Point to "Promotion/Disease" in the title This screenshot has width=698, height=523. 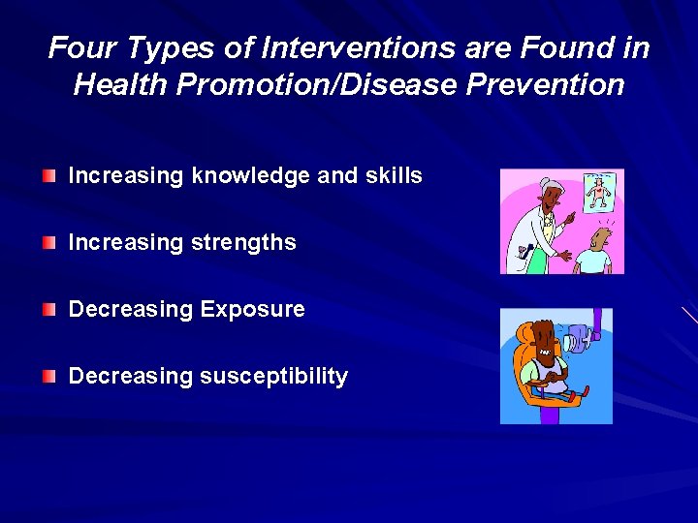[x=306, y=85]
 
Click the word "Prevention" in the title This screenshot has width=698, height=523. [x=546, y=85]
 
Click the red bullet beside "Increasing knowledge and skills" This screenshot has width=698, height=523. [x=49, y=175]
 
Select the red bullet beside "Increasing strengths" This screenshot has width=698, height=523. [x=49, y=242]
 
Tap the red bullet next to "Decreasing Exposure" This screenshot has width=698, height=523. [x=49, y=309]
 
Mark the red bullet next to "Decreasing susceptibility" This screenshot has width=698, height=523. [x=49, y=376]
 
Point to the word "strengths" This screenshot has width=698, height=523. [x=248, y=242]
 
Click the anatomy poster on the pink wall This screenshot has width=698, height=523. [x=603, y=191]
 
